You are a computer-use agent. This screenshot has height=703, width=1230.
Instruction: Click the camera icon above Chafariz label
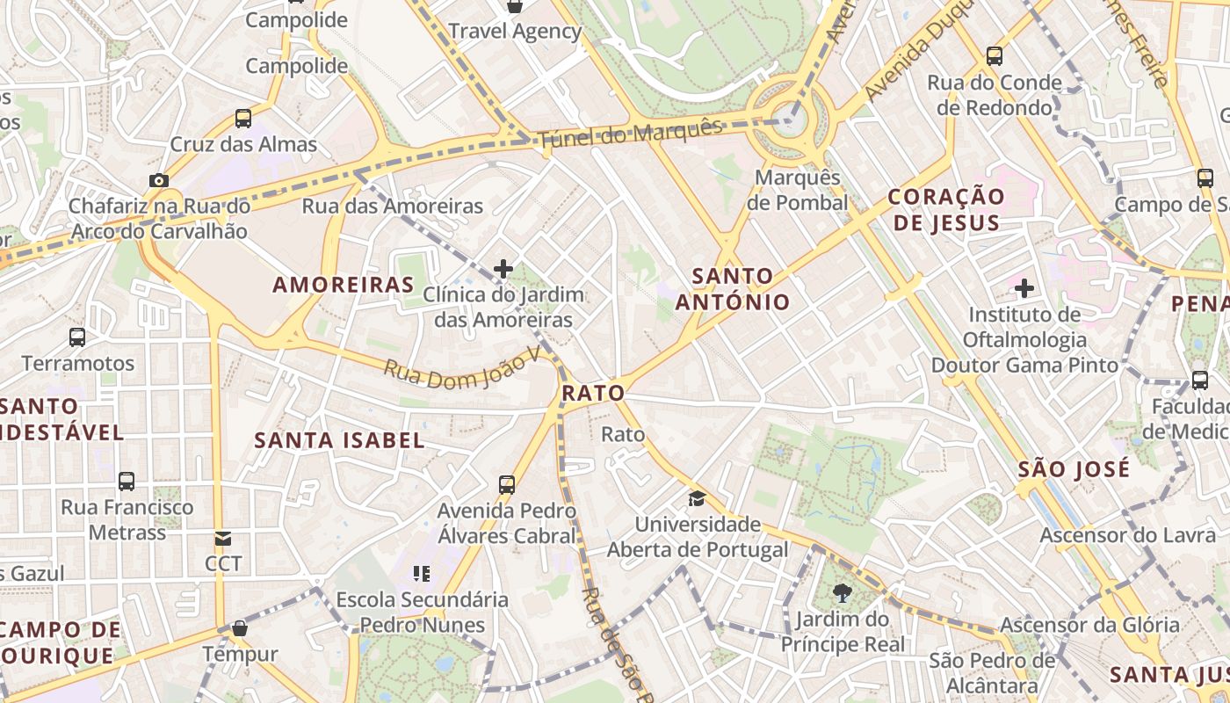click(158, 181)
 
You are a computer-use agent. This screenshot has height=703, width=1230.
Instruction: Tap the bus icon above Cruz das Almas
click(243, 118)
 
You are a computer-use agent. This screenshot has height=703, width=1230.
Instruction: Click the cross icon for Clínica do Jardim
click(503, 268)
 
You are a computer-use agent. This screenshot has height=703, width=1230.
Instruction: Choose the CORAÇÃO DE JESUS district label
click(946, 209)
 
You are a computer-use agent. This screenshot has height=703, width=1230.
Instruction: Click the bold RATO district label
click(593, 393)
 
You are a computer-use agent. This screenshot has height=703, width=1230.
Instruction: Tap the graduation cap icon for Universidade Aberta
click(697, 498)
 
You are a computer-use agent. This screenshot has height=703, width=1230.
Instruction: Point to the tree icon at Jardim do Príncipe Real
click(843, 593)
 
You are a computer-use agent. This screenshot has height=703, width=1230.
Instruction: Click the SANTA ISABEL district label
click(339, 440)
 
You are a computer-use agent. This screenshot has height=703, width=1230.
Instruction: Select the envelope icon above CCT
click(223, 538)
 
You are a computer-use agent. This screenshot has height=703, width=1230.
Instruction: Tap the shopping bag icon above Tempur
click(239, 628)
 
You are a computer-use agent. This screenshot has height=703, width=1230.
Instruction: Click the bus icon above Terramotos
click(77, 337)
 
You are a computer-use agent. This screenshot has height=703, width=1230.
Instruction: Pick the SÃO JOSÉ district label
click(1074, 469)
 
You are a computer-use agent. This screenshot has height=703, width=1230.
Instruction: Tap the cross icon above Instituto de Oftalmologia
click(1024, 287)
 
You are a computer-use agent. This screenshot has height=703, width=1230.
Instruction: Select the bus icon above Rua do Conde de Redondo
click(995, 56)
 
